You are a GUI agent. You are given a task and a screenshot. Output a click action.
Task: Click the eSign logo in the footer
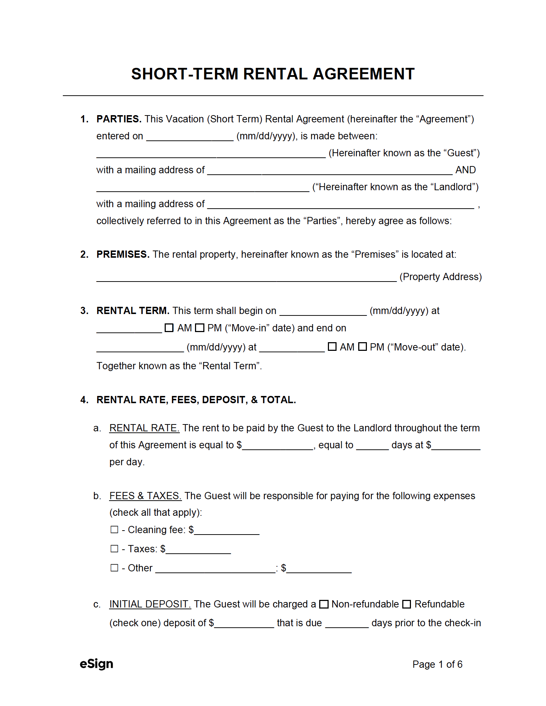pyautogui.click(x=96, y=664)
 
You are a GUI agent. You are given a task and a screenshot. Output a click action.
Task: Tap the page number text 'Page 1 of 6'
pyautogui.click(x=437, y=664)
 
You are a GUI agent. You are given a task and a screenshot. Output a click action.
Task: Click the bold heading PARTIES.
pyautogui.click(x=119, y=119)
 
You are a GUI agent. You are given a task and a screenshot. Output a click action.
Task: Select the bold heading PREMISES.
pyautogui.click(x=123, y=254)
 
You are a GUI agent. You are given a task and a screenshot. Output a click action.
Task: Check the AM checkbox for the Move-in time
pyautogui.click(x=169, y=328)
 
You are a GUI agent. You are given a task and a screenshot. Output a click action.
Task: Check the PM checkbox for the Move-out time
pyautogui.click(x=363, y=347)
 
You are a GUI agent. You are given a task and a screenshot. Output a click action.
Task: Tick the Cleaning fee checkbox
pyautogui.click(x=114, y=529)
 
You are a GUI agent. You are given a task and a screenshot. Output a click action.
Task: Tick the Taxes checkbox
pyautogui.click(x=114, y=549)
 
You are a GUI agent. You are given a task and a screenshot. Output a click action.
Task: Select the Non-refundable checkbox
pyautogui.click(x=324, y=604)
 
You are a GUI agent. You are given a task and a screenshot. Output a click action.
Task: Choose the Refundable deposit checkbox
pyautogui.click(x=407, y=604)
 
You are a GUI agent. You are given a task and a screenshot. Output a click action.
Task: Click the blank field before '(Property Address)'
pyautogui.click(x=246, y=277)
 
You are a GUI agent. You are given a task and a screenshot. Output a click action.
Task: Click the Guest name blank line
pyautogui.click(x=211, y=153)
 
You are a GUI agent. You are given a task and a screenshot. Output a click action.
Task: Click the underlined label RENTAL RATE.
pyautogui.click(x=144, y=428)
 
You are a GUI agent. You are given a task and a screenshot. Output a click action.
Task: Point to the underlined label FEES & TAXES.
pyautogui.click(x=145, y=496)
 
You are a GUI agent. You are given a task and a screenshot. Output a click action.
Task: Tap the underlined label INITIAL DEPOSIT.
pyautogui.click(x=150, y=604)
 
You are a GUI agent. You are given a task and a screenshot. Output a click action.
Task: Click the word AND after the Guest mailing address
pyautogui.click(x=465, y=170)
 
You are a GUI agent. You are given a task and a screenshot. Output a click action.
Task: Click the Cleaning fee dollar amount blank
pyautogui.click(x=227, y=530)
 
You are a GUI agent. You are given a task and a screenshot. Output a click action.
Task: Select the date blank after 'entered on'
pyautogui.click(x=190, y=136)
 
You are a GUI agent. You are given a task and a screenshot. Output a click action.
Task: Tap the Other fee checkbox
pyautogui.click(x=114, y=568)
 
